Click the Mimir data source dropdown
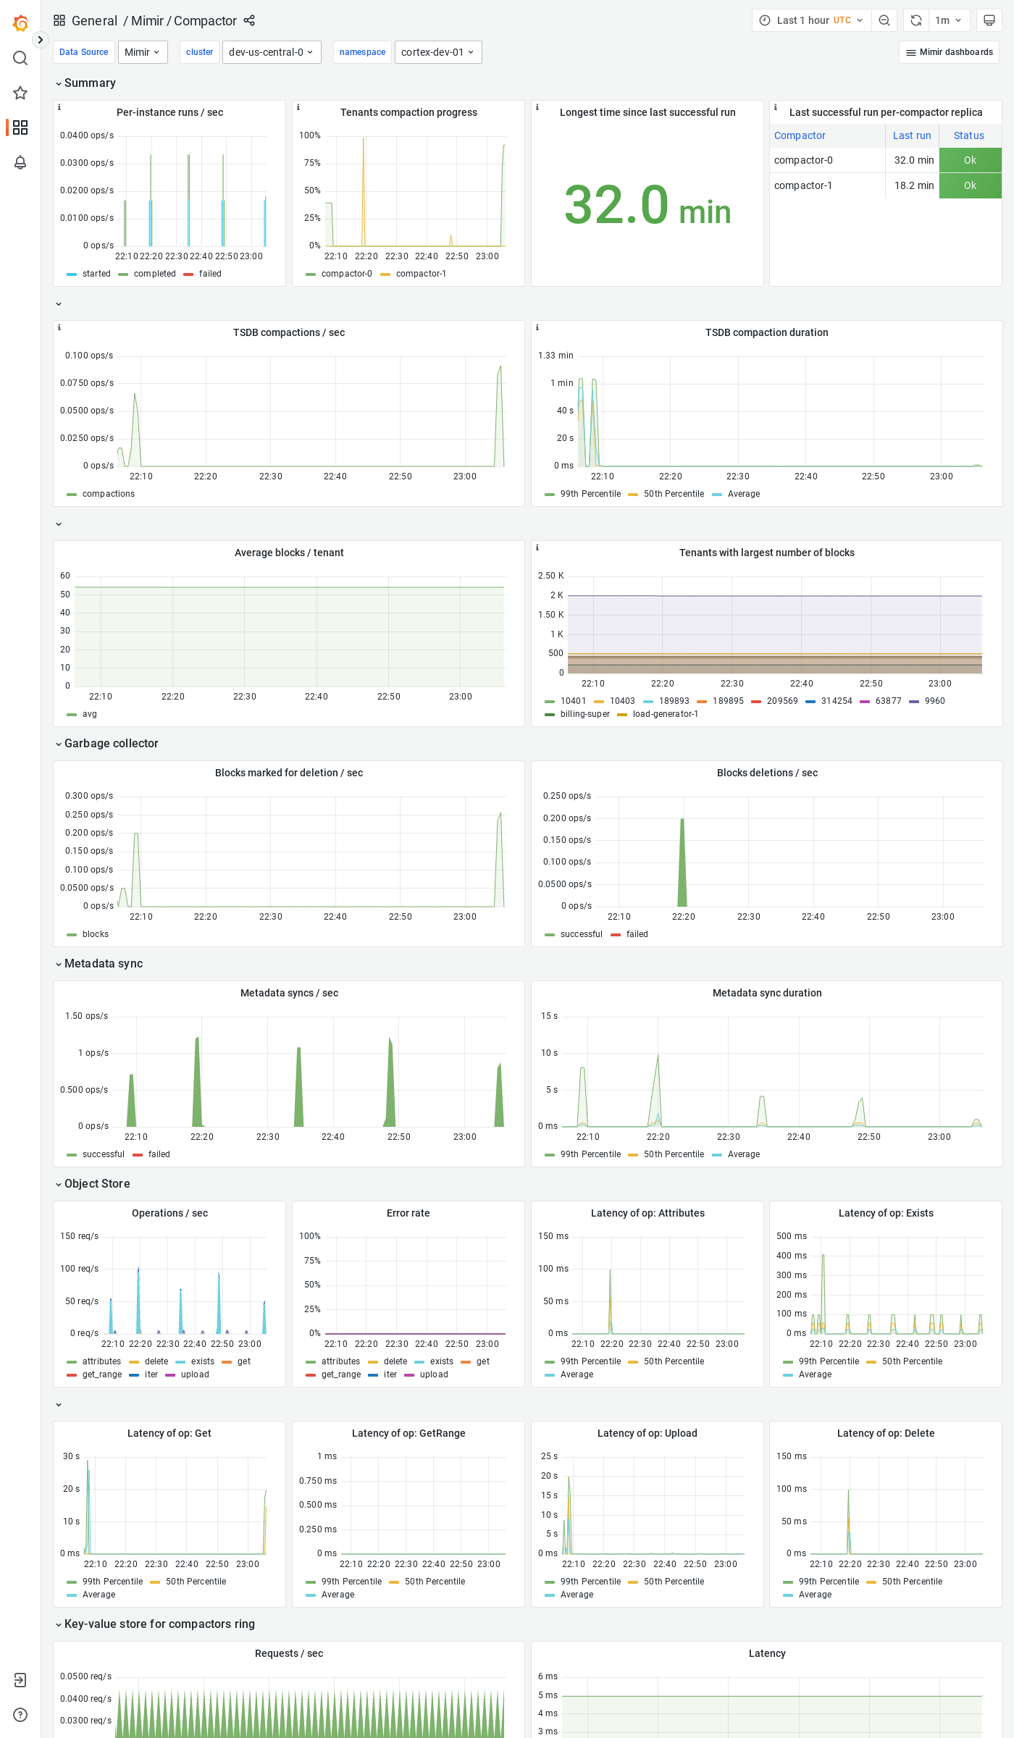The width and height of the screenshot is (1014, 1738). click(142, 52)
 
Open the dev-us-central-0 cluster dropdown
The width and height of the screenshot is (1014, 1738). click(271, 52)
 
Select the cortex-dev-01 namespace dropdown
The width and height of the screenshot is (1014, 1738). click(437, 52)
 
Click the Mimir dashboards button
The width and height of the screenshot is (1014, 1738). click(949, 52)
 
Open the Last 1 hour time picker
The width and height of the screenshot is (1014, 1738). click(810, 20)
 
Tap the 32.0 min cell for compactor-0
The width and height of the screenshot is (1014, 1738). click(913, 160)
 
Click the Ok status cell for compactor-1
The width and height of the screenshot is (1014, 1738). click(970, 185)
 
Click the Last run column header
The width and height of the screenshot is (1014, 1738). click(911, 135)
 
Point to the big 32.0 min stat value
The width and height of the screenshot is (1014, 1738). click(647, 206)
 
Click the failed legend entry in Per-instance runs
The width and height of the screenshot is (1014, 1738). click(210, 274)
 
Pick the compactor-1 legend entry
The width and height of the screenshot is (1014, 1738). click(420, 274)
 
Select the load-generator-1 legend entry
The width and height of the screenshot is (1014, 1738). click(665, 714)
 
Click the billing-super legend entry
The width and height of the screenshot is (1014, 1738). click(584, 714)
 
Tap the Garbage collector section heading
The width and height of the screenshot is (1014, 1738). click(111, 744)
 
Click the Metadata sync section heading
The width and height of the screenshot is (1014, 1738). click(104, 964)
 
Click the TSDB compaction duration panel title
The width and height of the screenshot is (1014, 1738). click(766, 332)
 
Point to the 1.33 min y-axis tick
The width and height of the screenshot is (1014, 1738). click(556, 356)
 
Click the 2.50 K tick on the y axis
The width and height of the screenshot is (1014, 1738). click(550, 576)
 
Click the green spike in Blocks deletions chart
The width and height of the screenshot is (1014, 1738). click(682, 869)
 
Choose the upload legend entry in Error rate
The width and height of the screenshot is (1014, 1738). click(433, 1374)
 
